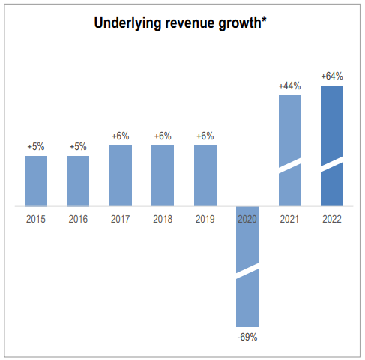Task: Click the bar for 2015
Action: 36,181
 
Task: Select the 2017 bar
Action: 121,175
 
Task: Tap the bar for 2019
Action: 205,175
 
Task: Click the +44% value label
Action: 290,86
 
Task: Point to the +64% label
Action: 332,76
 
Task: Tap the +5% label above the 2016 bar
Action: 78,147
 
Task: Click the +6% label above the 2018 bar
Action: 163,136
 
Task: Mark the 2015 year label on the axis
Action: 36,219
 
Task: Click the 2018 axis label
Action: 163,219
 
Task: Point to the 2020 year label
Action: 247,219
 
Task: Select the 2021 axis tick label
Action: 290,219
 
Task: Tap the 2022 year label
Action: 332,219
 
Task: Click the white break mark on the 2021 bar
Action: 290,166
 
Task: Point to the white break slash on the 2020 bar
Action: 247,271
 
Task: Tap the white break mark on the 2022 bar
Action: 332,164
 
